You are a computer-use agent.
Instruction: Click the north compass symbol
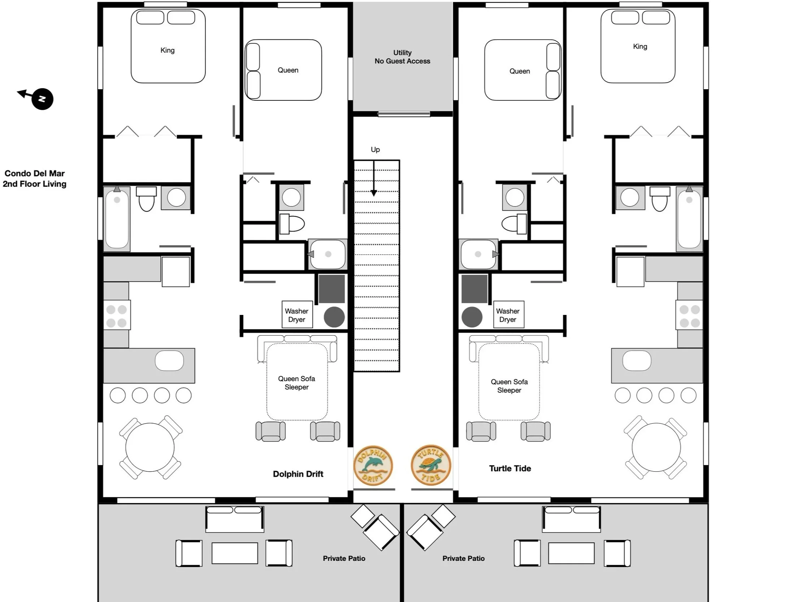pyautogui.click(x=42, y=99)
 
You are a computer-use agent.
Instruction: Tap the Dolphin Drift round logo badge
pyautogui.click(x=373, y=465)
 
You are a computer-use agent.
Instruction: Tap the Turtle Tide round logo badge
pyautogui.click(x=431, y=465)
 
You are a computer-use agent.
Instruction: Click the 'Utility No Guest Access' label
pyautogui.click(x=402, y=57)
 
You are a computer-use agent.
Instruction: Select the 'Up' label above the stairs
pyautogui.click(x=375, y=150)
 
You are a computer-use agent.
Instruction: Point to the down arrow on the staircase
pyautogui.click(x=374, y=179)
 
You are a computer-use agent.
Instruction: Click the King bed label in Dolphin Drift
pyautogui.click(x=167, y=50)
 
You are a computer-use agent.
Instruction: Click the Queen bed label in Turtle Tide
pyautogui.click(x=519, y=71)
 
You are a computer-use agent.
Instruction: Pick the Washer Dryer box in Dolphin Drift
pyautogui.click(x=297, y=315)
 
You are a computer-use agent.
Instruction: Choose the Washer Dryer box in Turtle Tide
pyautogui.click(x=508, y=315)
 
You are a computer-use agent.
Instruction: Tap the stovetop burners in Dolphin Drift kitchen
pyautogui.click(x=116, y=315)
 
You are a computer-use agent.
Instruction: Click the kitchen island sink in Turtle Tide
pyautogui.click(x=637, y=361)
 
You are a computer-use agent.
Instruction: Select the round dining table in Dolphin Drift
pyautogui.click(x=150, y=447)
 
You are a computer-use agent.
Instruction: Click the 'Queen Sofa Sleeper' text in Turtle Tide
pyautogui.click(x=509, y=386)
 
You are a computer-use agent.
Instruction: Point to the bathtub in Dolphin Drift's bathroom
pyautogui.click(x=117, y=220)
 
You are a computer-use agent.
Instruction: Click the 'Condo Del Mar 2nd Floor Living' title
pyautogui.click(x=35, y=178)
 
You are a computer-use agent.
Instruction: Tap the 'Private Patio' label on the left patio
pyautogui.click(x=344, y=558)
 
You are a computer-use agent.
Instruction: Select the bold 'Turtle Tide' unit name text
pyautogui.click(x=510, y=468)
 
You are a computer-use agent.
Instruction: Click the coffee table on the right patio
pyautogui.click(x=571, y=553)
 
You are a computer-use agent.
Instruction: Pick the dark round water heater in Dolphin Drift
pyautogui.click(x=334, y=317)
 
